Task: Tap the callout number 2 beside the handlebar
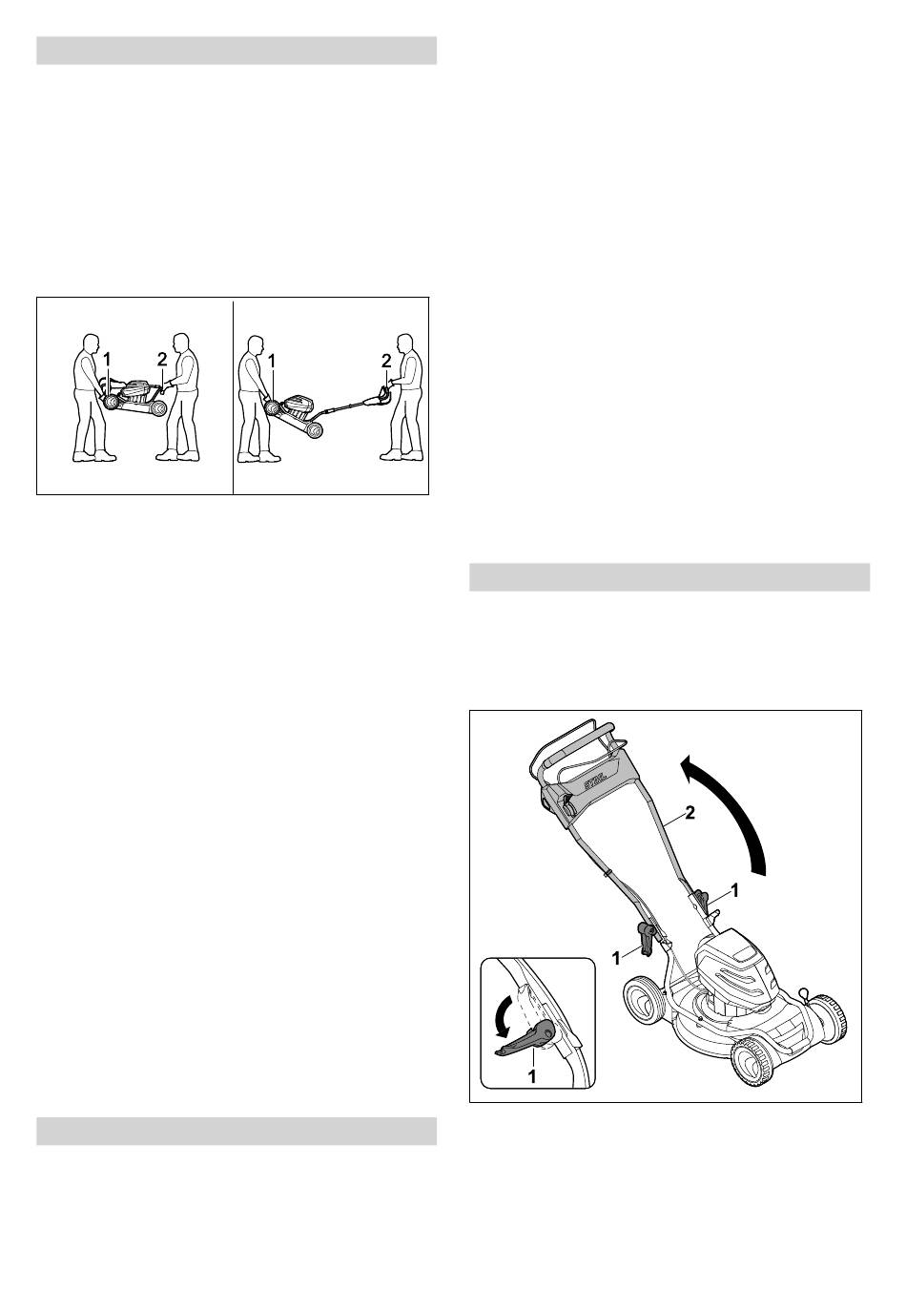point(690,813)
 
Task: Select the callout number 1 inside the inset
point(531,1076)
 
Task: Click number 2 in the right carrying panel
point(386,361)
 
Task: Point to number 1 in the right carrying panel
point(272,361)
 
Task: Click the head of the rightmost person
point(403,343)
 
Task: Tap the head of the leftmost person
point(90,343)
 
